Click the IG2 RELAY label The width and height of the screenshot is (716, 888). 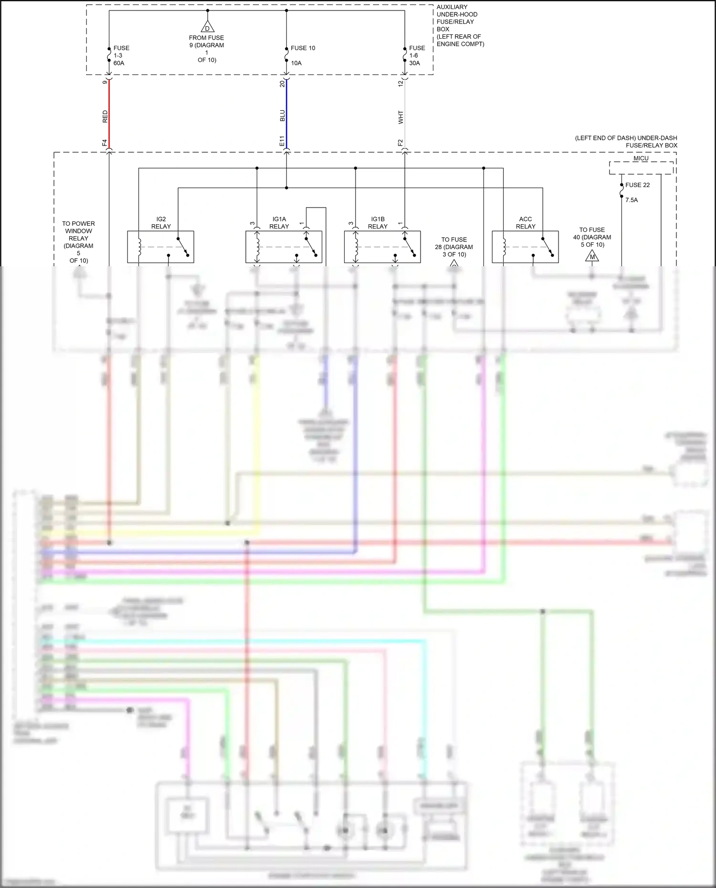[161, 223]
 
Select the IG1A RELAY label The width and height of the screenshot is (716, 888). [279, 223]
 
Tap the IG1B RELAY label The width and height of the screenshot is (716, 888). [378, 223]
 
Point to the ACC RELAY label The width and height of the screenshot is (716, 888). [526, 223]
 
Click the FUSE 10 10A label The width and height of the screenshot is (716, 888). [303, 55]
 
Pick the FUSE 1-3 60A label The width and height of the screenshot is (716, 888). [121, 55]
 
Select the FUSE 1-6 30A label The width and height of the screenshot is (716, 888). [416, 55]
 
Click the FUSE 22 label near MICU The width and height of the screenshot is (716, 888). [637, 185]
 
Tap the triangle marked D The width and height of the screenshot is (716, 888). [207, 27]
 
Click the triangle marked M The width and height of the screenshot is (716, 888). [592, 257]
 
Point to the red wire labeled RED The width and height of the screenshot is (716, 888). [109, 115]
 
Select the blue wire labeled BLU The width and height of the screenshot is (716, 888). [286, 115]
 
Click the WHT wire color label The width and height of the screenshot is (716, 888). [400, 117]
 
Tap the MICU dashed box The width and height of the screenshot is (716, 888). [641, 168]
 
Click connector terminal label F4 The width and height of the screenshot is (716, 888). [105, 143]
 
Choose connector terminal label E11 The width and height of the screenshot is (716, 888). [282, 141]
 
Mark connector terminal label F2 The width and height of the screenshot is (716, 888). [400, 143]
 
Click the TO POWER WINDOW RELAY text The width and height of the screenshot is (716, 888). [79, 242]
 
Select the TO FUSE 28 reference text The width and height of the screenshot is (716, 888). [454, 247]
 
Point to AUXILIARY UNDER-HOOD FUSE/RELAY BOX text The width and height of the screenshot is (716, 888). [460, 25]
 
